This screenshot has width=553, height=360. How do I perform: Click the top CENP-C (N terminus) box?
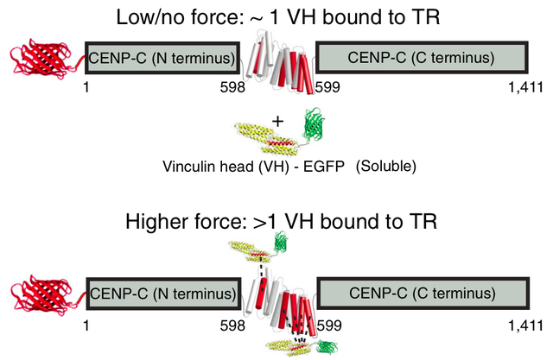[163, 59]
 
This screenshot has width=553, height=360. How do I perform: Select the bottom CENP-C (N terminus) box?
[163, 295]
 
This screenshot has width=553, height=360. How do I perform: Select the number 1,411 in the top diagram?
[528, 87]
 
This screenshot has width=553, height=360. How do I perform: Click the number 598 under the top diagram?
[233, 87]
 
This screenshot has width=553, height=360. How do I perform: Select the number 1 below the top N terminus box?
[86, 87]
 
